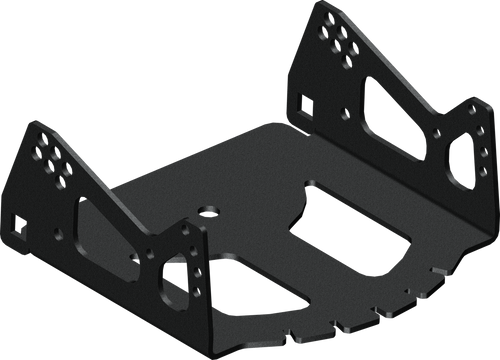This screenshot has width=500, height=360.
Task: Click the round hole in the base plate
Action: (x=209, y=211)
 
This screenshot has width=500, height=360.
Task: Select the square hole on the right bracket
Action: (x=304, y=101)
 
